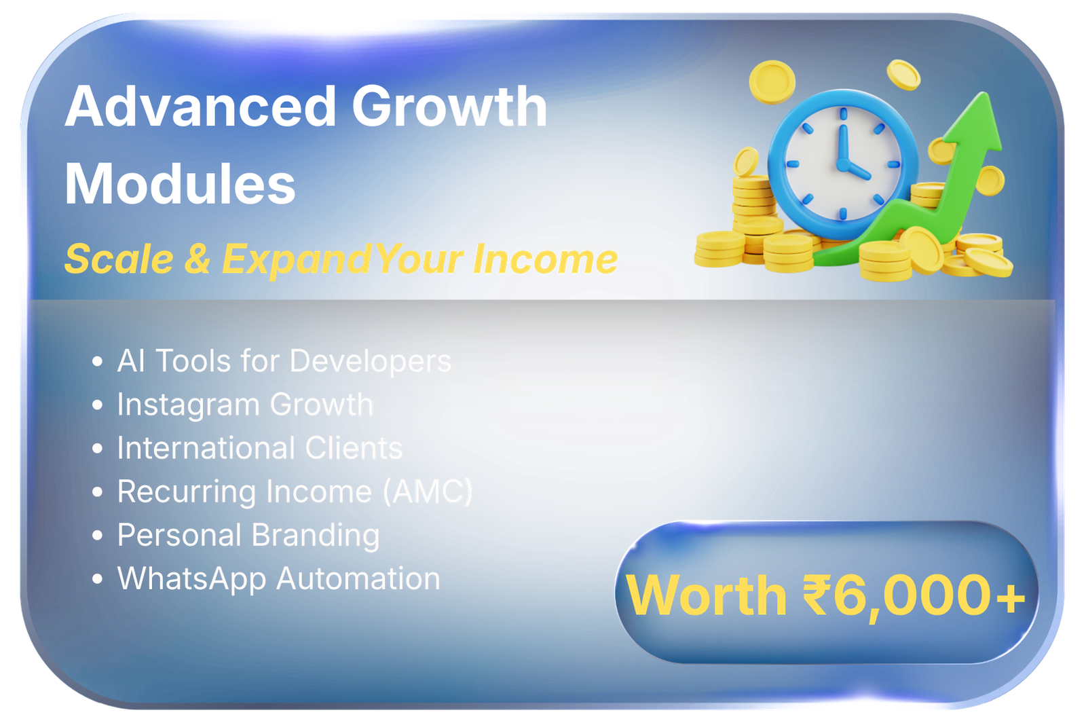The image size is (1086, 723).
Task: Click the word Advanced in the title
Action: click(200, 107)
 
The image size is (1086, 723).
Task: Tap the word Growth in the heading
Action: click(449, 107)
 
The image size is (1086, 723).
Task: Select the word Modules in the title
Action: click(180, 185)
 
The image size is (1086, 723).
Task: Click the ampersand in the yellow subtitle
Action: click(198, 260)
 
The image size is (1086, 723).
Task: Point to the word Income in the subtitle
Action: click(545, 260)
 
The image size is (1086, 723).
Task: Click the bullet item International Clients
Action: click(259, 449)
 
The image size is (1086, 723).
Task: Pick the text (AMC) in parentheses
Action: click(428, 492)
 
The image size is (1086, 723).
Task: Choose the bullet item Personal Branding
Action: click(248, 536)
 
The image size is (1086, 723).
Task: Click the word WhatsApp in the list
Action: click(191, 580)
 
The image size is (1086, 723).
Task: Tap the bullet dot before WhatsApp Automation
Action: click(98, 580)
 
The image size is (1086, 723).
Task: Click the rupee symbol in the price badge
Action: click(816, 595)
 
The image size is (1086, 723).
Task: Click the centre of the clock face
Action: click(843, 164)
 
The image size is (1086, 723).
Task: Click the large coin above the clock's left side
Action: click(772, 82)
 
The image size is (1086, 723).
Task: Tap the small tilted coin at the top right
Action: click(903, 75)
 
